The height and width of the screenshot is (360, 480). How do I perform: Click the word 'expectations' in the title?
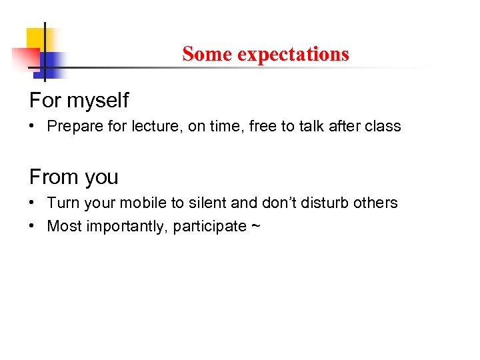coord(293,54)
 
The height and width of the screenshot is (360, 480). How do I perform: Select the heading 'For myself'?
coord(79,101)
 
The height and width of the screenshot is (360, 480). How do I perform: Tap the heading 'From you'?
coord(73,177)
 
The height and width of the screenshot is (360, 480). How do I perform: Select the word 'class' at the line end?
coord(383,127)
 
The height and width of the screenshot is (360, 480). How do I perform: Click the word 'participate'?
coord(209,227)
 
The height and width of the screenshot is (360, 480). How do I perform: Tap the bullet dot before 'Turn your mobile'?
coord(33,203)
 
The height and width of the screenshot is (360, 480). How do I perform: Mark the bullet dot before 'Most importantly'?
coord(33,227)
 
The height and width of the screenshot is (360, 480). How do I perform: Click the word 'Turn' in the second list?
coord(62,203)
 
